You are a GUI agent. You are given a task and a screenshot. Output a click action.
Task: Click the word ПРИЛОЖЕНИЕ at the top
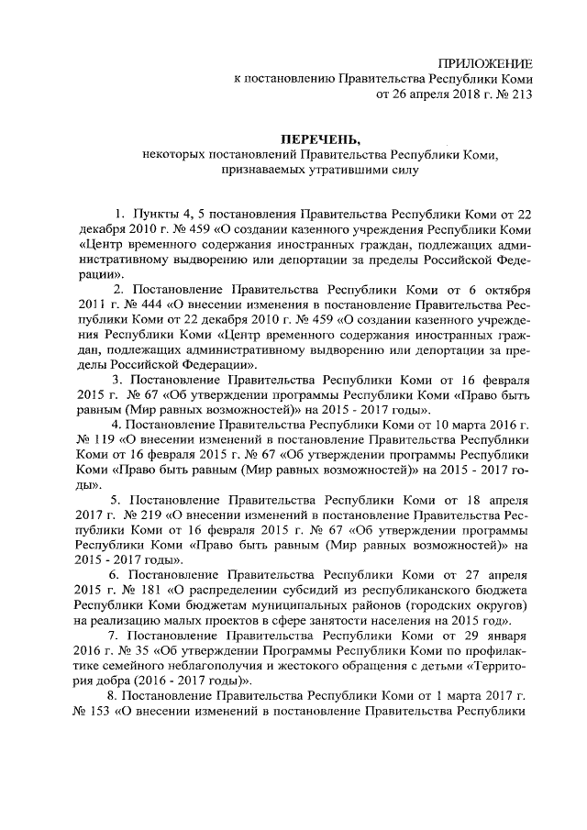[x=487, y=61]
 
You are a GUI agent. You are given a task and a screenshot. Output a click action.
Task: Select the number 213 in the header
[x=520, y=93]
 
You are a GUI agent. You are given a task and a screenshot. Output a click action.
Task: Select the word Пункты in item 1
[x=159, y=214]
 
